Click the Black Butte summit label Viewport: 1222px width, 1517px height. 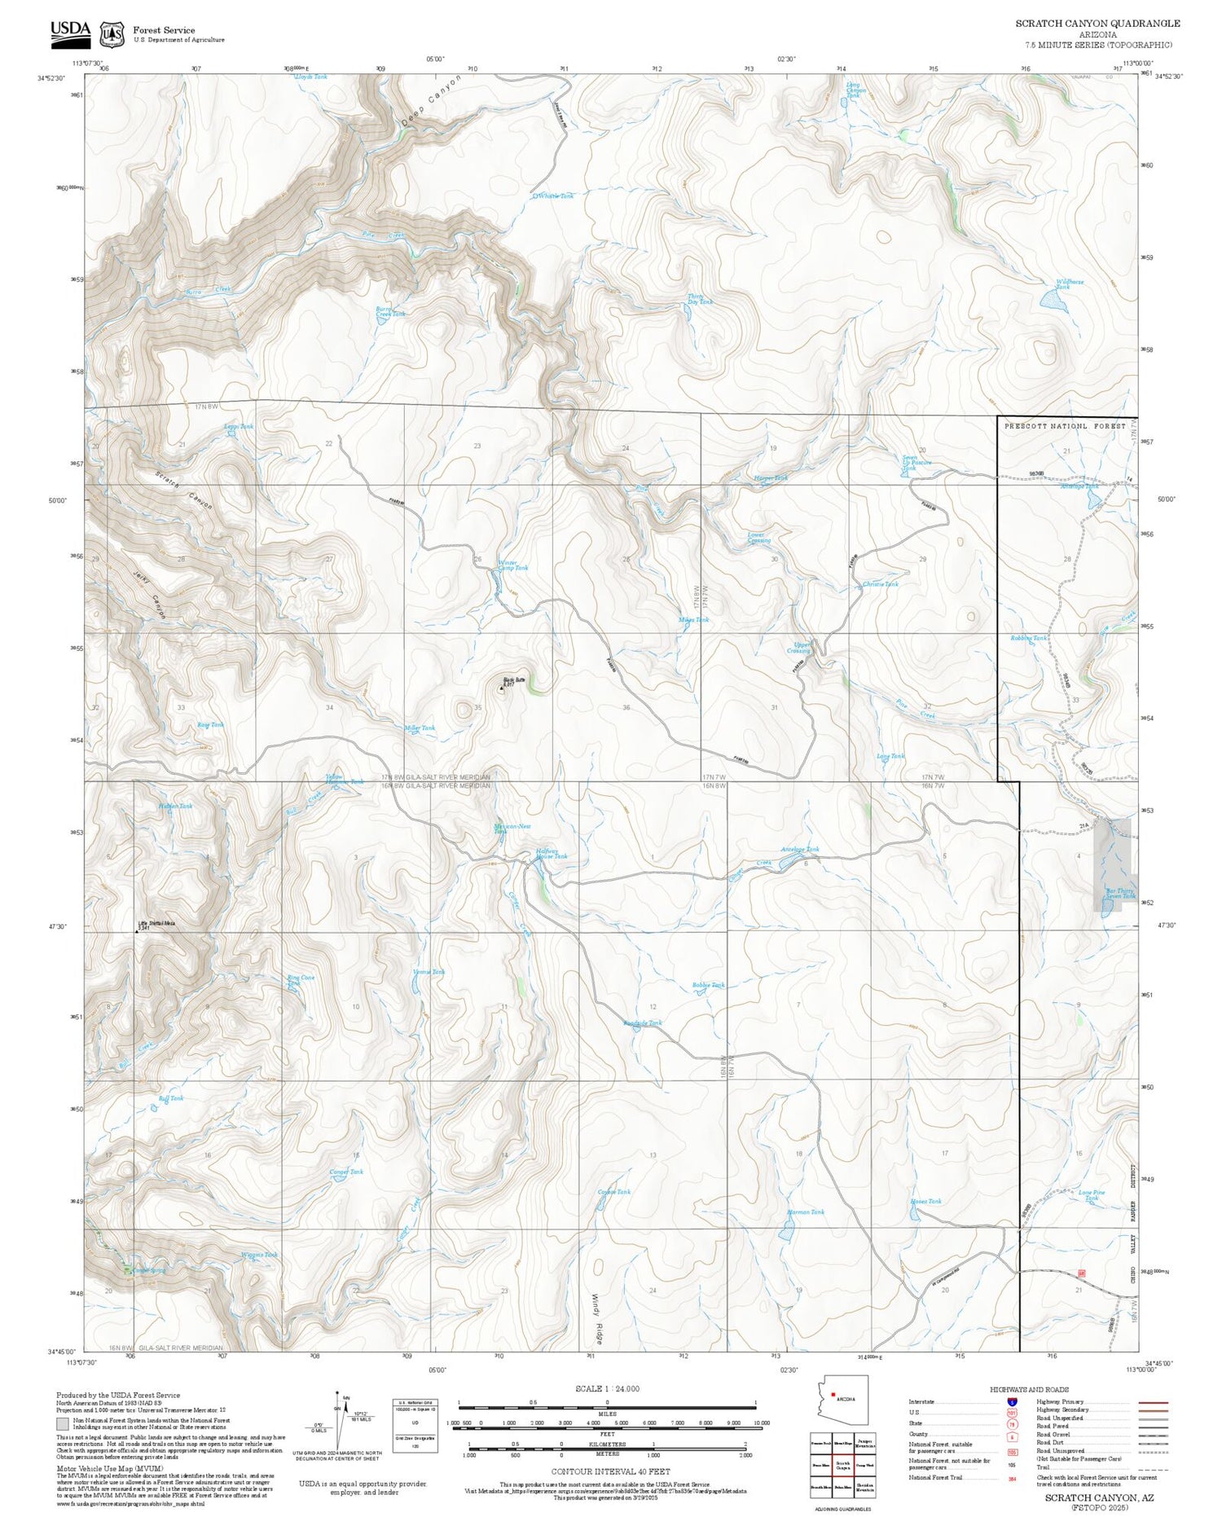click(x=513, y=681)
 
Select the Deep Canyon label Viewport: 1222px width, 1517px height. click(x=431, y=101)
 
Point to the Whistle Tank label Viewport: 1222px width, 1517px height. click(x=555, y=196)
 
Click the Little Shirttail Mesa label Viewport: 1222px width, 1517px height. click(x=156, y=925)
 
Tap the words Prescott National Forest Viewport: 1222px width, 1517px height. click(x=1064, y=426)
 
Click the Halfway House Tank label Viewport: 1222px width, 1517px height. click(x=552, y=854)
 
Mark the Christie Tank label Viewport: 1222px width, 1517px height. click(x=880, y=584)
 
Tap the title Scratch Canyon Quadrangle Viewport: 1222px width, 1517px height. click(x=1097, y=24)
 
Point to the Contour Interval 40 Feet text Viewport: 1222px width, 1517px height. click(x=610, y=1471)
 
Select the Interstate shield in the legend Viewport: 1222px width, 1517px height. click(x=1012, y=1401)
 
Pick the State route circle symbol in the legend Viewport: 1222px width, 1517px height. click(x=1012, y=1425)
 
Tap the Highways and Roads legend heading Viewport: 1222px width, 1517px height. click(x=1029, y=1390)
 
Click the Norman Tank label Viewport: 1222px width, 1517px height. click(x=806, y=1212)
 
